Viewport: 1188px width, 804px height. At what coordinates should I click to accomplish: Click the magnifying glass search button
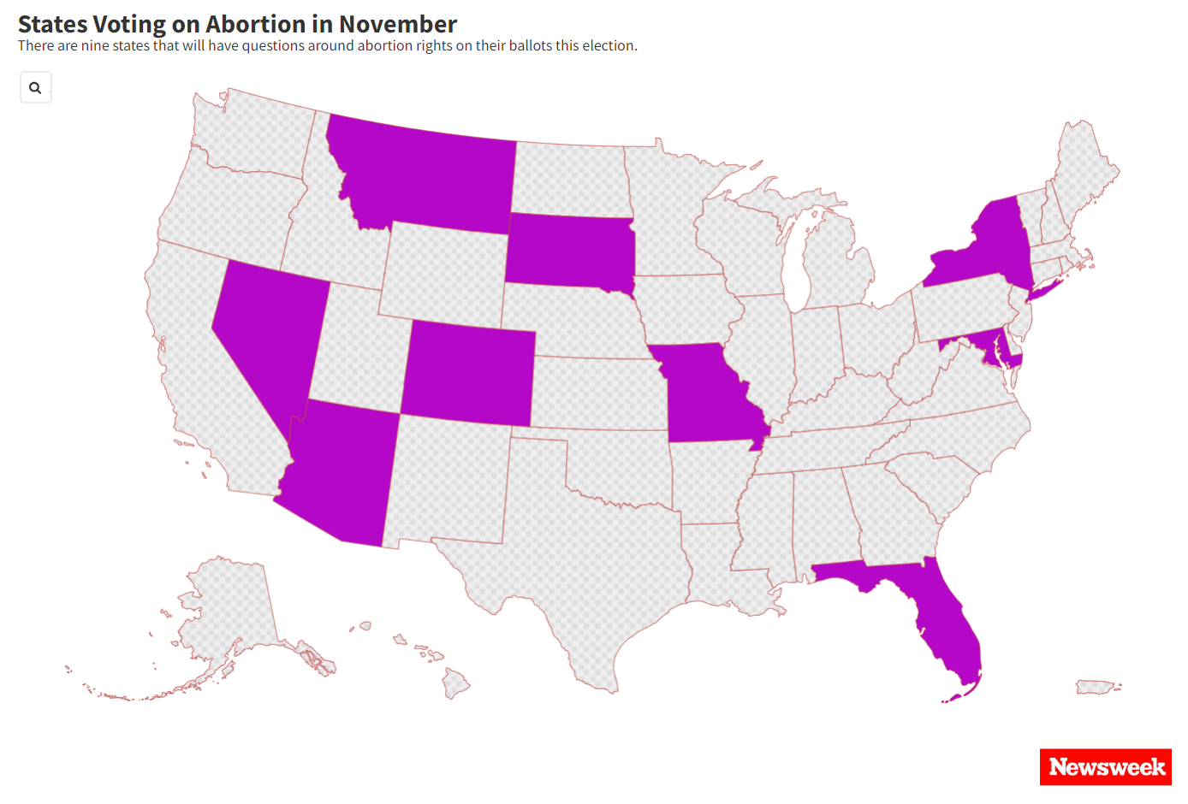(35, 87)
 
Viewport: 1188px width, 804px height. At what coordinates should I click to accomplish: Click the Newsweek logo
(1106, 767)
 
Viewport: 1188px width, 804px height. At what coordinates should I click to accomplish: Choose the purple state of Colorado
(467, 373)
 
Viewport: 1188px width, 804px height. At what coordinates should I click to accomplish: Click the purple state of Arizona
(342, 475)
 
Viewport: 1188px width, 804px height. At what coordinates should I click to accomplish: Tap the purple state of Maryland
(984, 342)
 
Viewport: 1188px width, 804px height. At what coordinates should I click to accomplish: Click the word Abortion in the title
(256, 24)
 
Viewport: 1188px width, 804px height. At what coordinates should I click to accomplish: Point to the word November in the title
(398, 24)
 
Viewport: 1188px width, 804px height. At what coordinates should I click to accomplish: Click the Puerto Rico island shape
(1095, 687)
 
